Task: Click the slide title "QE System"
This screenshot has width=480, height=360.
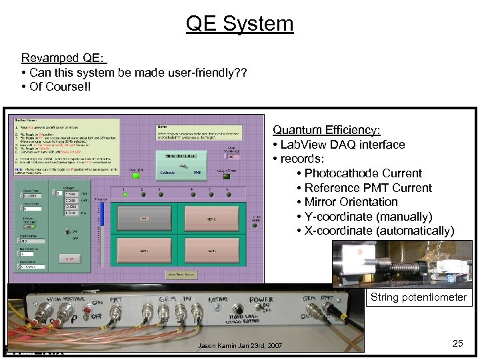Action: (x=239, y=23)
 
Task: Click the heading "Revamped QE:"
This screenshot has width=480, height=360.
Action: (x=63, y=58)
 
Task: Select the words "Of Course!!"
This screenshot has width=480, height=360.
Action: (x=58, y=87)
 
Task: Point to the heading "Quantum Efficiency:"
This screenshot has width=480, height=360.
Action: (x=327, y=130)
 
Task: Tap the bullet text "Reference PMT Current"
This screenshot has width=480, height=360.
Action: (x=368, y=188)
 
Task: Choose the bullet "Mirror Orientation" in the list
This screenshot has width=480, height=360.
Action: (x=351, y=202)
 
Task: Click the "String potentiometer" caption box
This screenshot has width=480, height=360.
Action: (x=418, y=297)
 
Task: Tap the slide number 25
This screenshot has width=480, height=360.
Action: (x=457, y=343)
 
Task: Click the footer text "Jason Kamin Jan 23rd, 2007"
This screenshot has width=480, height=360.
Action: (x=239, y=345)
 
